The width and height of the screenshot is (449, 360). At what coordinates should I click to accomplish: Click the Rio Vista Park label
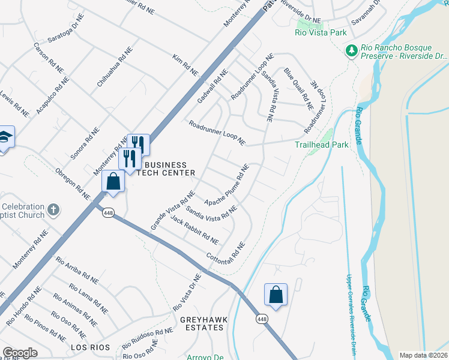pyautogui.click(x=318, y=34)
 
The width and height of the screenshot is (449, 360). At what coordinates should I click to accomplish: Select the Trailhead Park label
pyautogui.click(x=322, y=145)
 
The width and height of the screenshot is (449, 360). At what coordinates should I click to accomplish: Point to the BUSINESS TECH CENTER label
pyautogui.click(x=166, y=169)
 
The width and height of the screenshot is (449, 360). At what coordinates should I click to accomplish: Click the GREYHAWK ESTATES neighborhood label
pyautogui.click(x=204, y=325)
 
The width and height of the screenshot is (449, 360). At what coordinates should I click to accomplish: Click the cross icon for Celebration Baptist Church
pyautogui.click(x=53, y=210)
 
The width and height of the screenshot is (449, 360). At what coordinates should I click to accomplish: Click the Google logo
pyautogui.click(x=20, y=353)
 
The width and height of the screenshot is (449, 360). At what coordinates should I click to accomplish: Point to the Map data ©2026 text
pyautogui.click(x=423, y=355)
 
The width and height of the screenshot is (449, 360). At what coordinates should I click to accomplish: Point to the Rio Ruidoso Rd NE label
pyautogui.click(x=147, y=340)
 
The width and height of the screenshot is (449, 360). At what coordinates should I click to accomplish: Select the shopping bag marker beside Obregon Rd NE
pyautogui.click(x=113, y=181)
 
